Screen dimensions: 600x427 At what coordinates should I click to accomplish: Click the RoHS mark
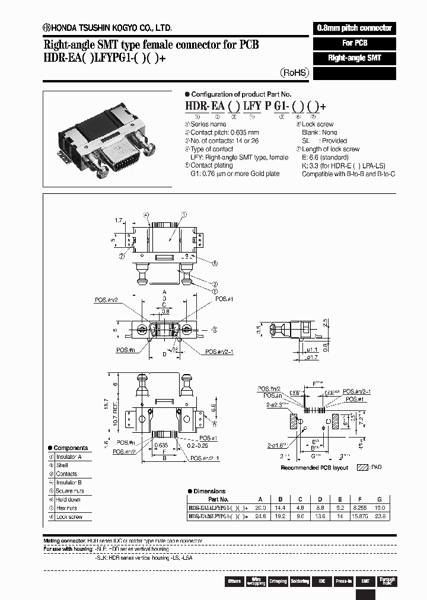pos(294,72)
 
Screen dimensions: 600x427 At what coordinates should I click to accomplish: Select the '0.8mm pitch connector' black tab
pos(353,28)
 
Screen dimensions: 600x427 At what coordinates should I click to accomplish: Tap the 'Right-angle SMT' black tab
pos(353,58)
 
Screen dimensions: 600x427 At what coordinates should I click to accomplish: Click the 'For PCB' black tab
pos(353,43)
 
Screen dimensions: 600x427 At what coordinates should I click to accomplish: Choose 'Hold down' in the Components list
pos(68,500)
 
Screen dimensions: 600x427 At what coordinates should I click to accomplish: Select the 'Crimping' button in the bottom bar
pos(278,581)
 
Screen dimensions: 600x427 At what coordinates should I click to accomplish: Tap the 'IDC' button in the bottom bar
pos(321,581)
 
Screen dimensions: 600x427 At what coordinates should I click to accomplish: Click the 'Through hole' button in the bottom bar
pos(387,581)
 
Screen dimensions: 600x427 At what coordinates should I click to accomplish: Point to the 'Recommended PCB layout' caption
pos(314,468)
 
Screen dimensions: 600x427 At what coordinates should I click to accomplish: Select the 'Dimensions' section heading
pos(208,491)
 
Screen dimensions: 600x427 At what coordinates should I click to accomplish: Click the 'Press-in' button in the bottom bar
pos(343,581)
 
